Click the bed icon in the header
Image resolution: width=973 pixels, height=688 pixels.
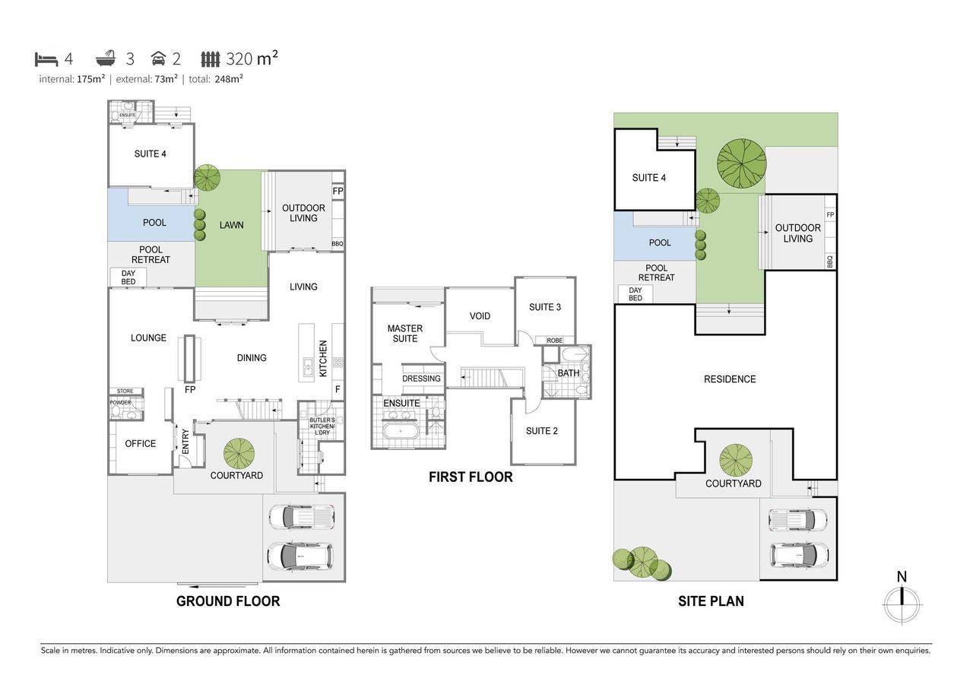[46, 59]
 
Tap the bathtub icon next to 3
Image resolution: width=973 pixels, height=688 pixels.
[106, 59]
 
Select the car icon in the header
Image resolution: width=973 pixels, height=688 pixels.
[158, 59]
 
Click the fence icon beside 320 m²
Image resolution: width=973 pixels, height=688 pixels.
[211, 59]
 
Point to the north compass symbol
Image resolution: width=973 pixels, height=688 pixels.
[902, 604]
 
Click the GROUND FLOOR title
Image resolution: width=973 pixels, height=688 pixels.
[228, 601]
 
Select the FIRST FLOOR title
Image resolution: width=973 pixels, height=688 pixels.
[471, 477]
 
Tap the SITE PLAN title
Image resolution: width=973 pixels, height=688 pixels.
[711, 601]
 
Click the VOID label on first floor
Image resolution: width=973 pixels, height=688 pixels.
[480, 316]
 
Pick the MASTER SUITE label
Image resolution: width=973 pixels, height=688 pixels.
[405, 334]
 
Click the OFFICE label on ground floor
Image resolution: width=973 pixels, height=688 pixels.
[141, 444]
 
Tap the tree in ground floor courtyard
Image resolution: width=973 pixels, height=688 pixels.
[239, 454]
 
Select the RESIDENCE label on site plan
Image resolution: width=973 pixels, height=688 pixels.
[730, 379]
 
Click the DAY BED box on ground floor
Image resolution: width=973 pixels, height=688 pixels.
[128, 277]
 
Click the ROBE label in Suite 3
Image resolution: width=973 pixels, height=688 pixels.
[555, 341]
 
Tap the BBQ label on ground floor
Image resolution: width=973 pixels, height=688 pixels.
[338, 244]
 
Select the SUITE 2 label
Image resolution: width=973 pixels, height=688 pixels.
[542, 431]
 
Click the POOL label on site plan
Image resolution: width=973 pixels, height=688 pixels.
[660, 243]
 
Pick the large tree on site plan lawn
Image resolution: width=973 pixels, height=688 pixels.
[742, 162]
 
